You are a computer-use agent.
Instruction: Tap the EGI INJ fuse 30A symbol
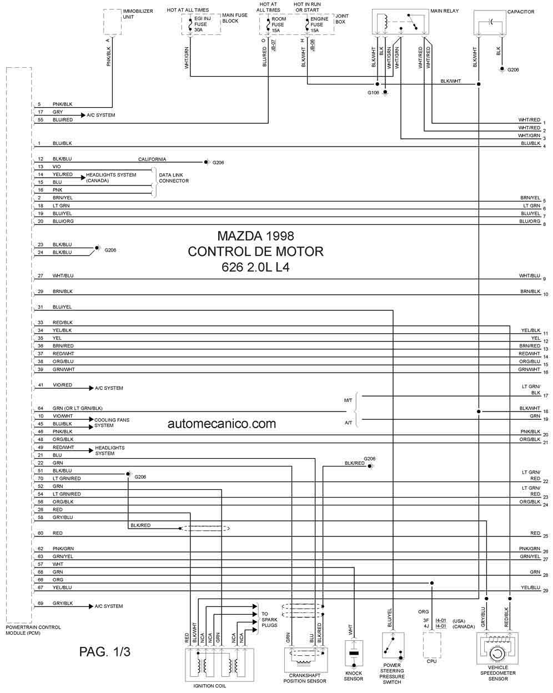tap(190, 24)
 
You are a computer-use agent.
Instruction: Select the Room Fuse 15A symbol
tap(268, 25)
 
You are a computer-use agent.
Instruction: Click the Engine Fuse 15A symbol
tap(307, 25)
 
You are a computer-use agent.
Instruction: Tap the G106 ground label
tap(373, 93)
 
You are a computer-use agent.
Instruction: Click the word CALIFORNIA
tap(152, 159)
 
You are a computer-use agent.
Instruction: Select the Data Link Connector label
tap(174, 178)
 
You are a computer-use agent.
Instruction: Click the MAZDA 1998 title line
tap(255, 236)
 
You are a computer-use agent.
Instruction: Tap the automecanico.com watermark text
tap(222, 424)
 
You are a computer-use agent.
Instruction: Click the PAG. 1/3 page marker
tap(105, 652)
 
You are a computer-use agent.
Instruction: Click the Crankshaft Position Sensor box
tap(306, 659)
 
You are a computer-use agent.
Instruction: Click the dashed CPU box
tap(431, 645)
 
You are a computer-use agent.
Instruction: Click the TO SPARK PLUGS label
tap(269, 620)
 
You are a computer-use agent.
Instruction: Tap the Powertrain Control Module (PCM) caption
tap(33, 630)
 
